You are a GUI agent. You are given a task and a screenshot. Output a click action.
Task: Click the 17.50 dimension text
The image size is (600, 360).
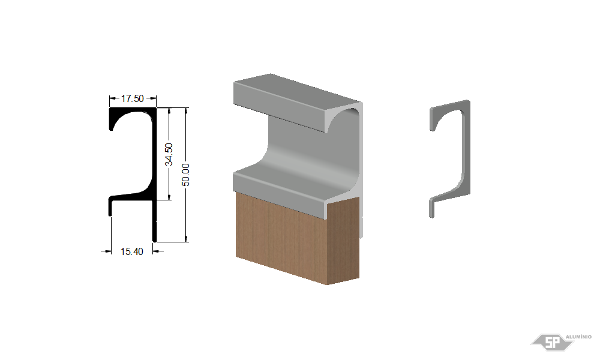point(133,99)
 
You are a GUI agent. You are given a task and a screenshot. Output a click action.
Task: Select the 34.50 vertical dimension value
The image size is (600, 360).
point(169,155)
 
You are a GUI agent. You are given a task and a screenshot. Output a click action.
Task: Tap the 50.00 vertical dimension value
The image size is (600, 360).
point(185,175)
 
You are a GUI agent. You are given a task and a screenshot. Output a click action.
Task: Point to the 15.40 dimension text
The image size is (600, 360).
point(131,251)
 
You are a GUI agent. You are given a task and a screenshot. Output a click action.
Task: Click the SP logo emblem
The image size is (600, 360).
point(552,342)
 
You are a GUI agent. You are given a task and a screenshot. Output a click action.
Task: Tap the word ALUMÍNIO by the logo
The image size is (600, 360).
point(578,337)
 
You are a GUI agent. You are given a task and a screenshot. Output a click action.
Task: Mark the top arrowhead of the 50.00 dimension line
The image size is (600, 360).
point(187,111)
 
